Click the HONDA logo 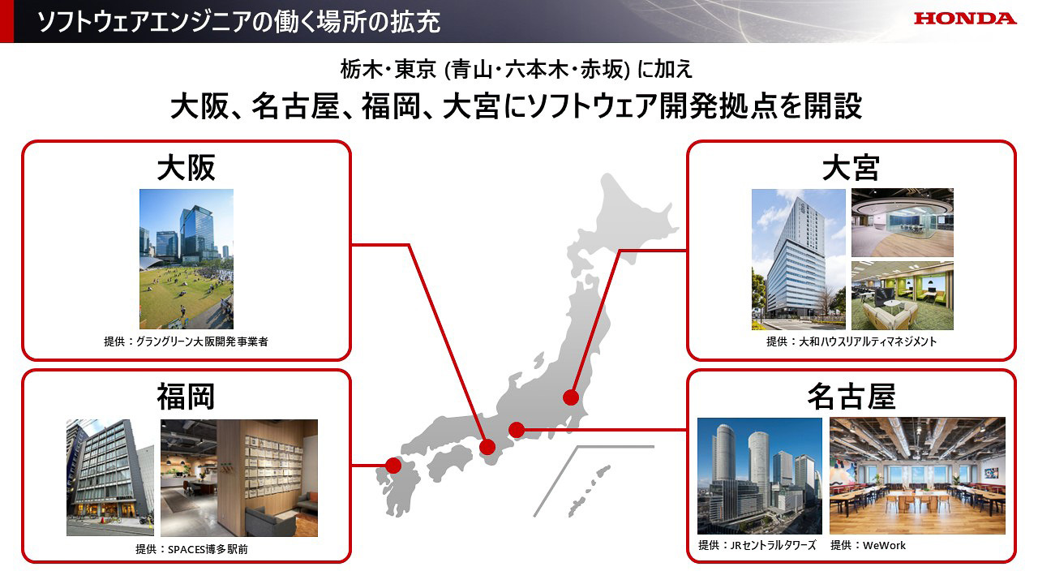pyautogui.click(x=965, y=19)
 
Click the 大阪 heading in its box pyautogui.click(x=186, y=168)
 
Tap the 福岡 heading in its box pyautogui.click(x=186, y=397)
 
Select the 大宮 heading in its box pyautogui.click(x=851, y=168)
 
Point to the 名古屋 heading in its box pyautogui.click(x=851, y=397)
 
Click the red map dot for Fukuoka pyautogui.click(x=393, y=466)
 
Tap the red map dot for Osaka pyautogui.click(x=487, y=446)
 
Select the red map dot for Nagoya pyautogui.click(x=516, y=429)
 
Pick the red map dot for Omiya pyautogui.click(x=572, y=397)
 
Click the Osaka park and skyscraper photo pyautogui.click(x=186, y=259)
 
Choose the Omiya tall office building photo pyautogui.click(x=798, y=259)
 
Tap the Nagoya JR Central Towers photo pyautogui.click(x=759, y=476)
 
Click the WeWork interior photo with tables pyautogui.click(x=917, y=476)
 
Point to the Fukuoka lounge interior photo pyautogui.click(x=239, y=478)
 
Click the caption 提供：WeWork pyautogui.click(x=868, y=546)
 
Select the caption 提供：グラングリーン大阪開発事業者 pyautogui.click(x=186, y=342)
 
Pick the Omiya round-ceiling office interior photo pyautogui.click(x=902, y=222)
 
